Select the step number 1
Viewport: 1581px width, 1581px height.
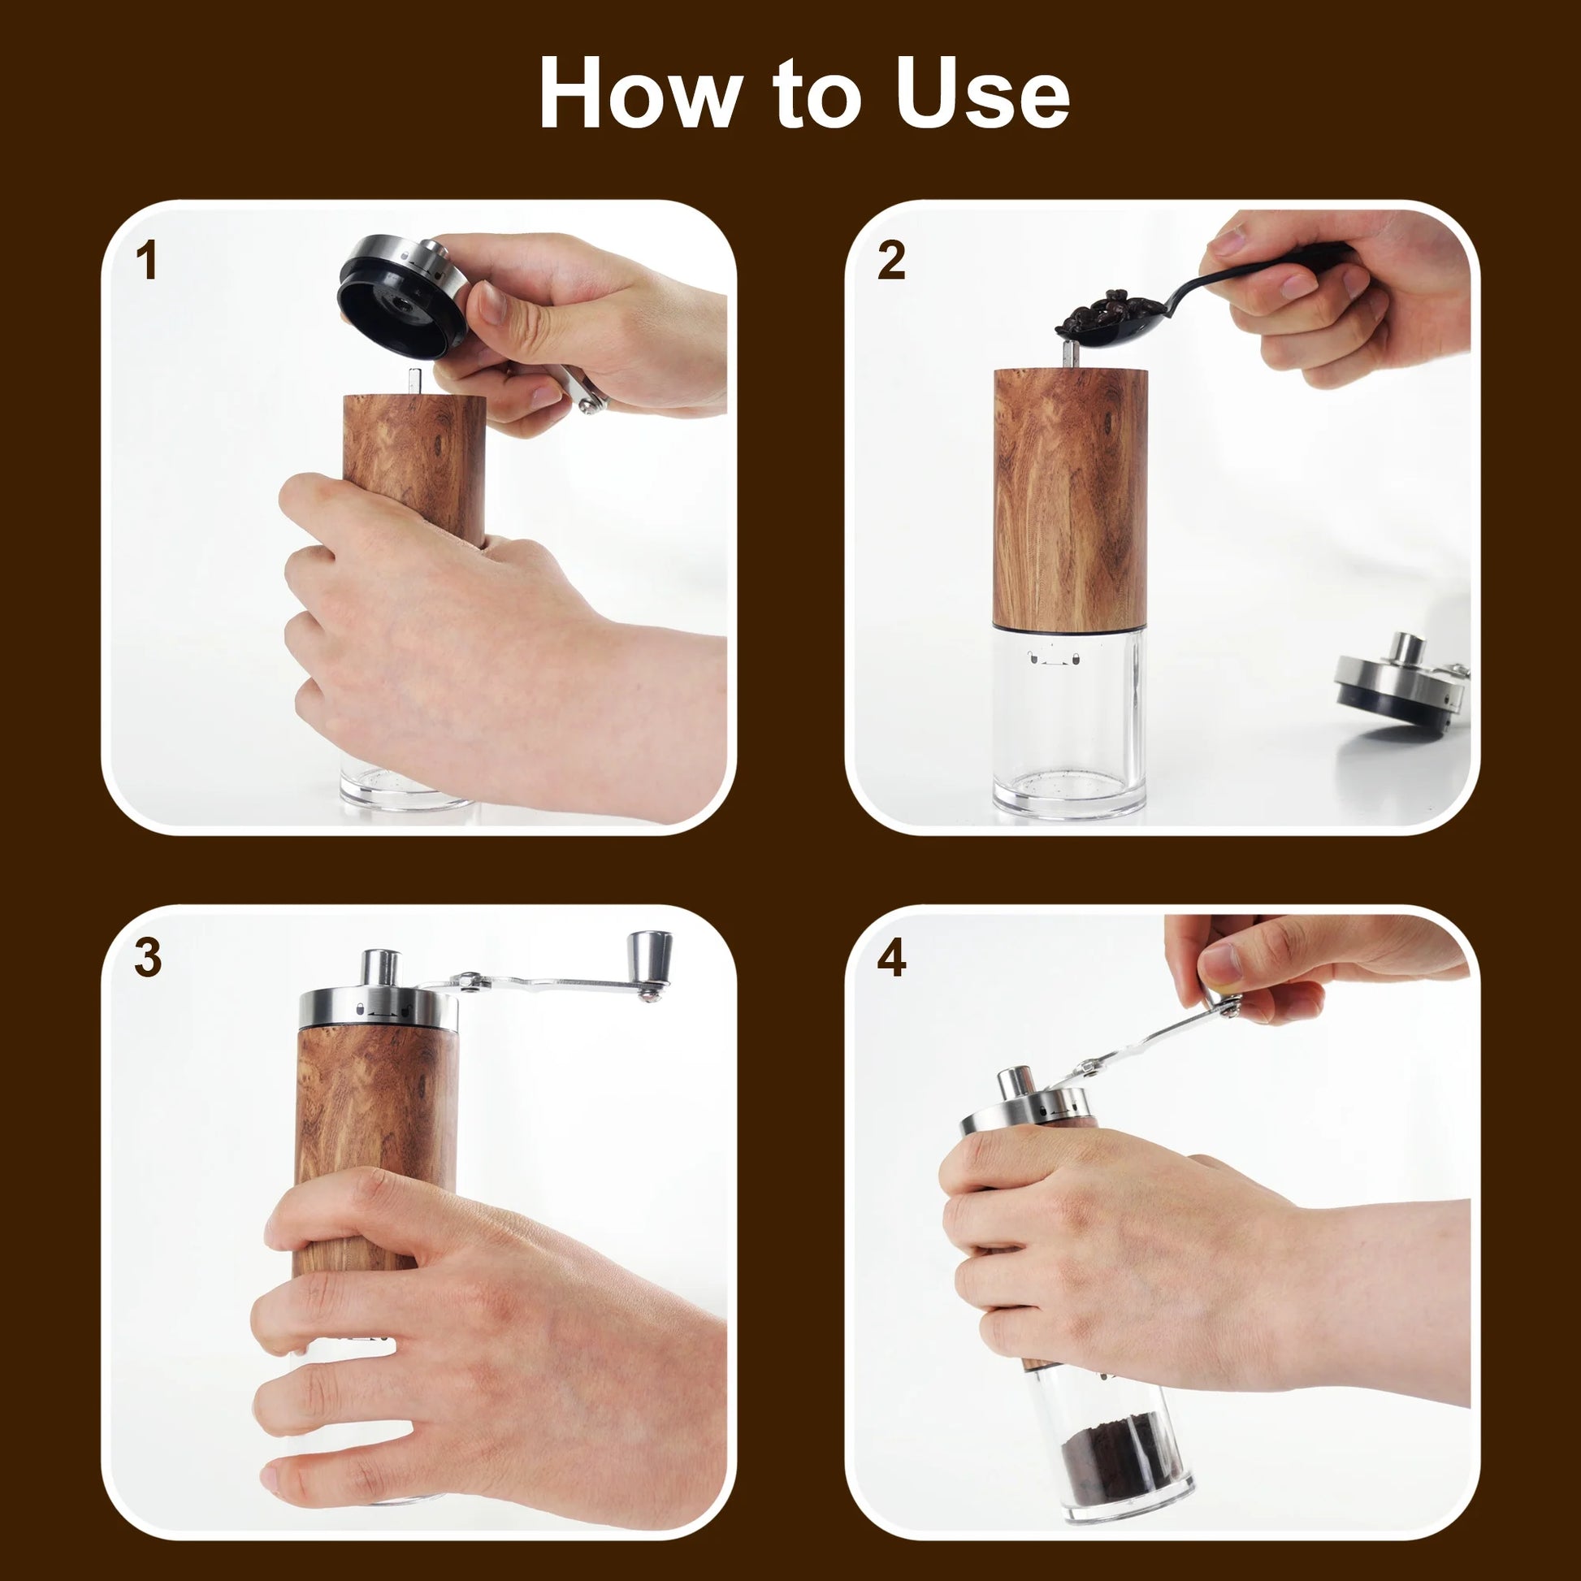[146, 262]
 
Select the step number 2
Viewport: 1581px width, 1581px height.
[891, 262]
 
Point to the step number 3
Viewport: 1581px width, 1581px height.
[147, 957]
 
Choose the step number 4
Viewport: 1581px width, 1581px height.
[891, 957]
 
